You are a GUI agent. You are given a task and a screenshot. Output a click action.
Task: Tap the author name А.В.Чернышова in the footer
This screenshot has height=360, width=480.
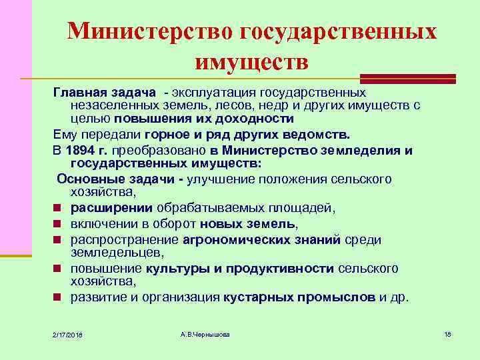click(205, 333)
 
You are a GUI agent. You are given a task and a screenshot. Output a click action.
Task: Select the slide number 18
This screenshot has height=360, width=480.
click(447, 333)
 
